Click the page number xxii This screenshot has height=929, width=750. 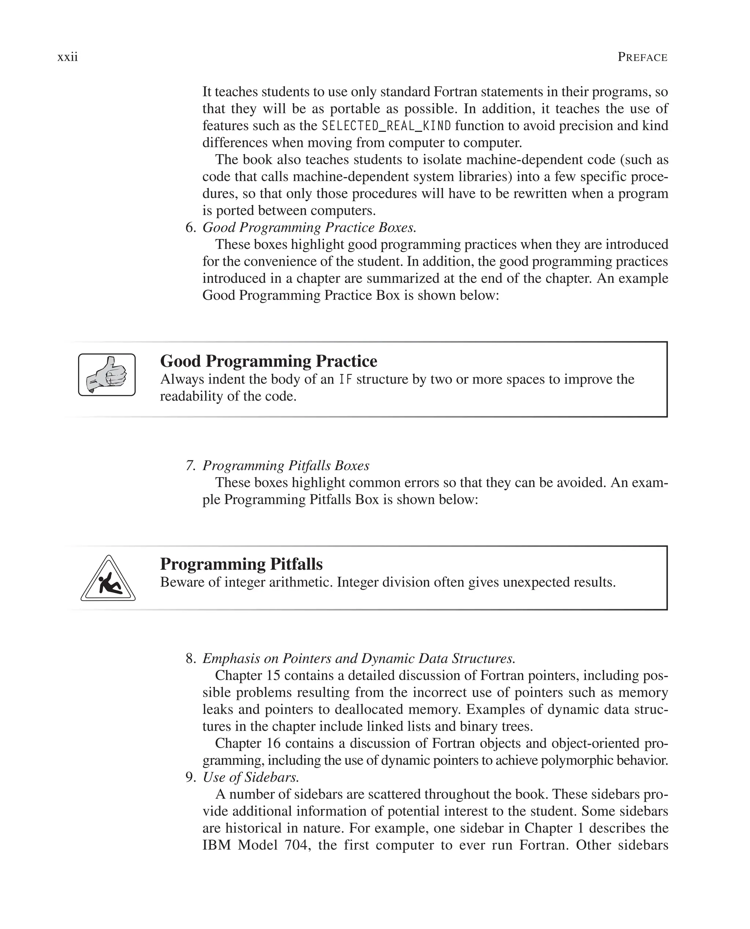(67, 57)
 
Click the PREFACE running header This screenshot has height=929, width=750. (642, 57)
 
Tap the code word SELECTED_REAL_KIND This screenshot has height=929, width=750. (386, 126)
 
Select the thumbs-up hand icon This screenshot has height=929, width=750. (107, 375)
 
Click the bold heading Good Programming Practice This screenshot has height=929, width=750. (268, 361)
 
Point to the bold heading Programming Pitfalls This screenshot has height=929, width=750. (241, 564)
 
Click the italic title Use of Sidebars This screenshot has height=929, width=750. (250, 777)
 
